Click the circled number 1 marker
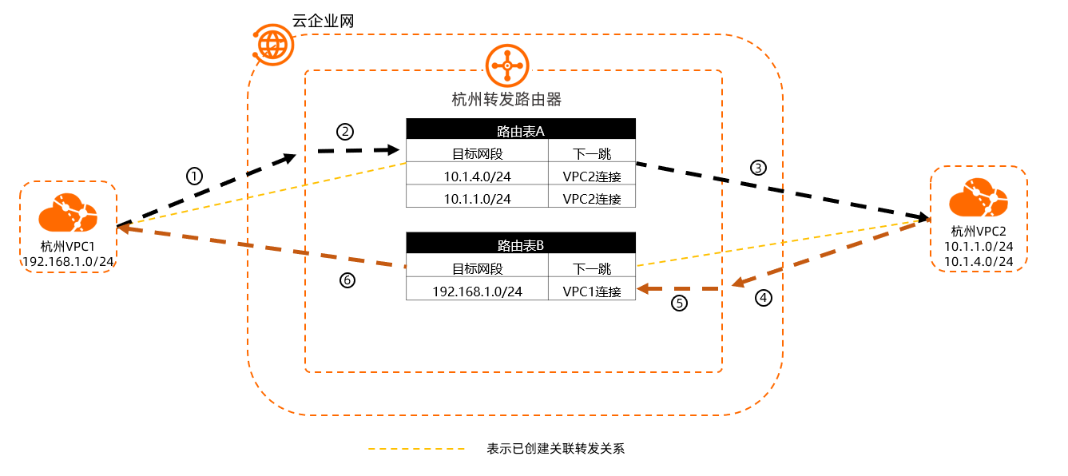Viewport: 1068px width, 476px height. coord(194,175)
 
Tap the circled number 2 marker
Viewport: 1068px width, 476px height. coord(344,130)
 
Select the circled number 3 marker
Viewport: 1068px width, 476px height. coord(758,168)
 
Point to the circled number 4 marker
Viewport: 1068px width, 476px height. coord(764,298)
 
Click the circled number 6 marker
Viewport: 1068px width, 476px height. coord(347,280)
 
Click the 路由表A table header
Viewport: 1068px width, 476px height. coord(520,129)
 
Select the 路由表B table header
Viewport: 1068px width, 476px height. coord(520,244)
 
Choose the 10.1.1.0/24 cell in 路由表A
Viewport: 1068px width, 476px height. coord(478,197)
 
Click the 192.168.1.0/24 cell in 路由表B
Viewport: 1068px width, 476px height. coord(478,291)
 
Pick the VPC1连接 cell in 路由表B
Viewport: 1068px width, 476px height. coord(592,291)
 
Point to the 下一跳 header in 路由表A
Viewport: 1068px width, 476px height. coord(592,153)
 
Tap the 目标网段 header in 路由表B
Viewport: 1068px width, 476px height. coord(478,268)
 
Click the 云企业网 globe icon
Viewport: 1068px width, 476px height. coord(273,45)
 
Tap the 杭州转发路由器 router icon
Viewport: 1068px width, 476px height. coord(507,64)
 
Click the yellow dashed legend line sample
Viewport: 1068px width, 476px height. coord(416,449)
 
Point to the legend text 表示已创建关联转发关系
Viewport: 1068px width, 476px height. coord(555,449)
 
